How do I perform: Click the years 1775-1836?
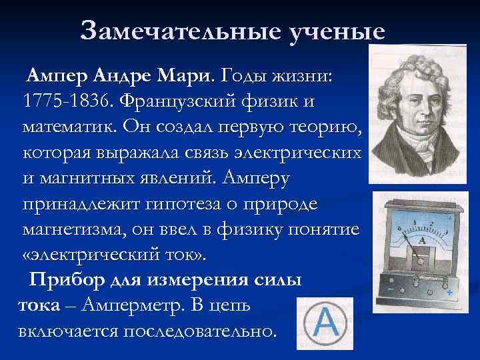pos(66,103)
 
